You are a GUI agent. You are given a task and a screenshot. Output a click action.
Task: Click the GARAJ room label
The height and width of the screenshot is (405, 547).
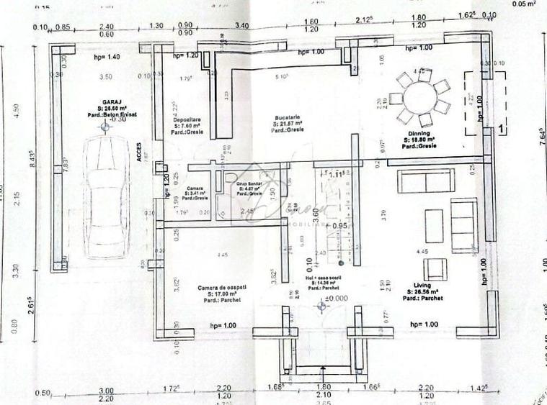click(x=107, y=102)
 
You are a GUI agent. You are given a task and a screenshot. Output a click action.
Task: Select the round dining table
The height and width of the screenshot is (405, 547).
click(x=420, y=98)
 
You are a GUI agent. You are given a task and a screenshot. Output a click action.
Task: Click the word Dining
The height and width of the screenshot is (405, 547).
click(x=419, y=133)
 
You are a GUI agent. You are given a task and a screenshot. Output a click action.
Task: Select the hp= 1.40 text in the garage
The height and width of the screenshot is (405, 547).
click(x=107, y=55)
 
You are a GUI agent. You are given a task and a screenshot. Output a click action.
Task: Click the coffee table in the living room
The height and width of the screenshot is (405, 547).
click(x=434, y=225)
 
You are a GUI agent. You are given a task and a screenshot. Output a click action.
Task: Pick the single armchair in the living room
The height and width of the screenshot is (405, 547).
click(x=435, y=269)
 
